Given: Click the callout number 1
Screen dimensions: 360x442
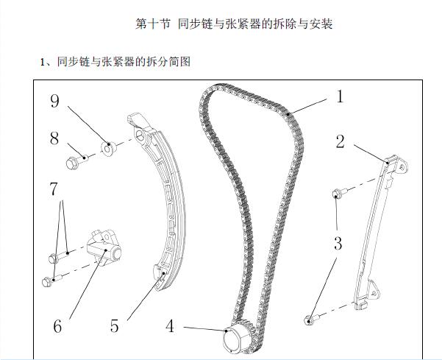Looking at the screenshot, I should (x=340, y=96).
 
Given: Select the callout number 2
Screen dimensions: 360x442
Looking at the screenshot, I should (x=340, y=141).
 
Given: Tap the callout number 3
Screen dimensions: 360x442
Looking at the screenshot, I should (x=338, y=243).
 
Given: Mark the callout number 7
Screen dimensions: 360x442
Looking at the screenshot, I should (x=53, y=188).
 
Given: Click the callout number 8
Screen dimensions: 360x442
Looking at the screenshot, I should (x=54, y=138).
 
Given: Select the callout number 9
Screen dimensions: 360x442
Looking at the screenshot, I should (x=54, y=102).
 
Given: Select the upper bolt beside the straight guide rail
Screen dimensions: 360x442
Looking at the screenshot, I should (x=338, y=195).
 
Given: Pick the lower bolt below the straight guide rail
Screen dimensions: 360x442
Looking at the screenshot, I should (x=309, y=320).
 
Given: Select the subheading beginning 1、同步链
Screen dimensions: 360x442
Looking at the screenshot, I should (x=115, y=62).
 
